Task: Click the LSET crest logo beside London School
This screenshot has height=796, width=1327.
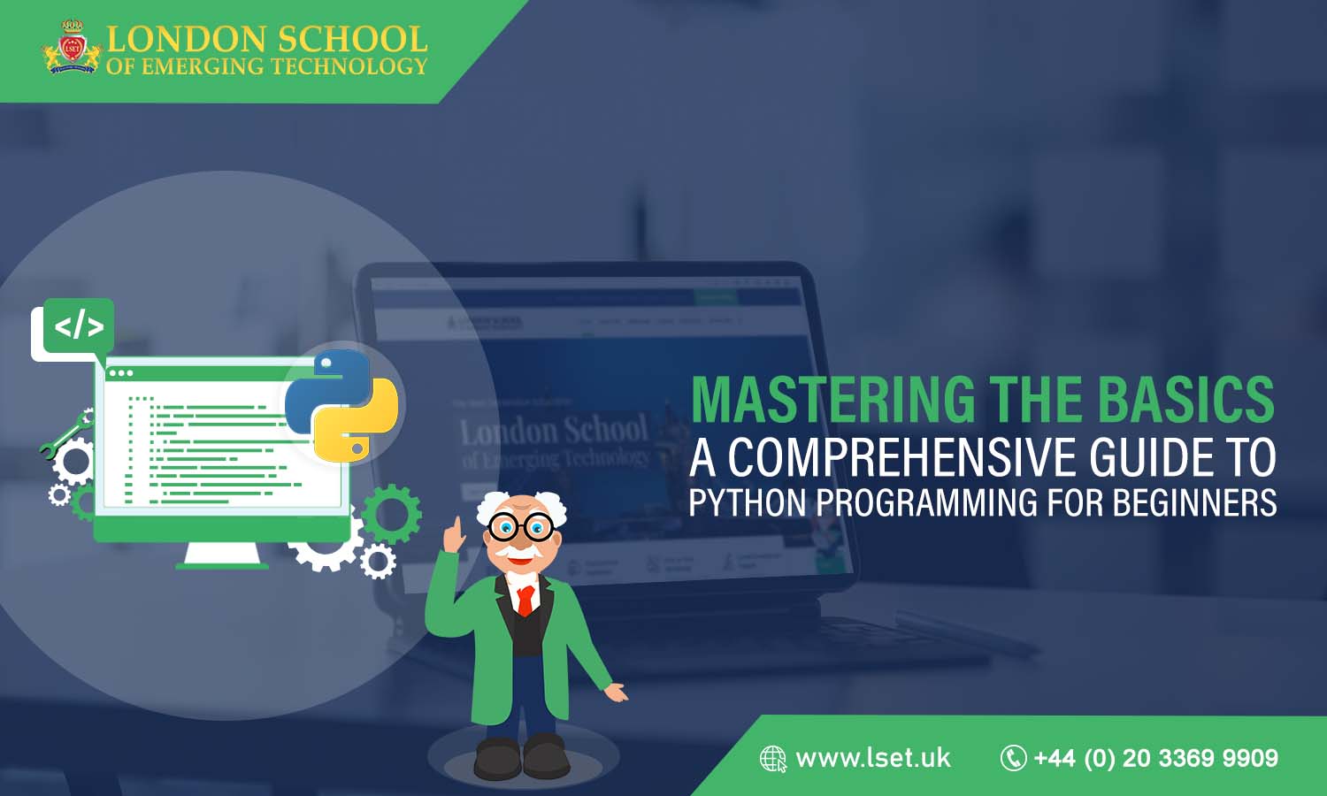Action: pos(72,49)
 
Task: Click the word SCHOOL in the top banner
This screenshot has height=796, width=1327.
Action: pos(352,39)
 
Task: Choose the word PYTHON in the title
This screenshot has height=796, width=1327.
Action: pos(748,503)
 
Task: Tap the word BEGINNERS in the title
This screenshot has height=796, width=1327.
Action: pos(1194,503)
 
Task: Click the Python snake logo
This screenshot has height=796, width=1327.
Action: pos(341,405)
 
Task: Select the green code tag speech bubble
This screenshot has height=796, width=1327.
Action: pos(79,327)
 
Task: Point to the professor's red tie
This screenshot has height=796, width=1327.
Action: pos(525,600)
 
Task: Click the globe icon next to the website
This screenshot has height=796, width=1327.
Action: pos(772,759)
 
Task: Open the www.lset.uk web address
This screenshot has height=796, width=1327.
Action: pos(872,758)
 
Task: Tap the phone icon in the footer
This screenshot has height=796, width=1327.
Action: pos(1013,758)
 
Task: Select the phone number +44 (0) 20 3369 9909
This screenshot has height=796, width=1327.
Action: pos(1155,758)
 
